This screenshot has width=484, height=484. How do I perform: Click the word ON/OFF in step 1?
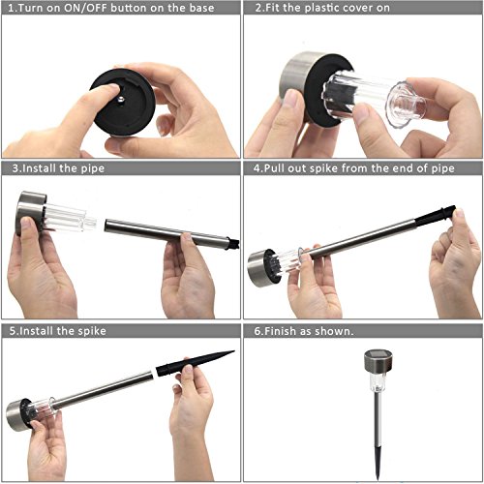[85, 8]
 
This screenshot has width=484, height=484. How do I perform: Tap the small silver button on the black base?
[121, 101]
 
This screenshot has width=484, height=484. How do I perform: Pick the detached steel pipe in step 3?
[171, 234]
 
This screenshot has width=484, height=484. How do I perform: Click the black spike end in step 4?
[435, 215]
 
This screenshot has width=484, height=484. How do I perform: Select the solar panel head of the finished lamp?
[378, 361]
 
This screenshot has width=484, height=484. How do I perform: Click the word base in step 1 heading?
[201, 8]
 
